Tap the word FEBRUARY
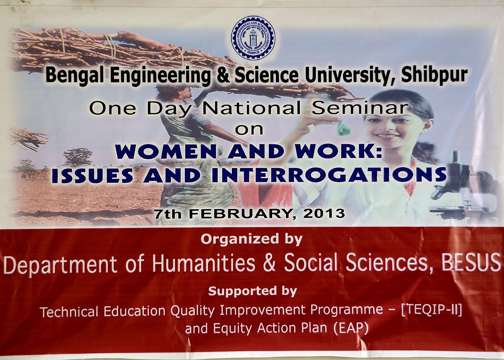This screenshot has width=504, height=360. tap(239, 214)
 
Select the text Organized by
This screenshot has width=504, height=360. tap(252, 239)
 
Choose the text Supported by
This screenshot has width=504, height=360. tap(253, 291)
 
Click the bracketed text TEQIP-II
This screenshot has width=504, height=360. tap(432, 310)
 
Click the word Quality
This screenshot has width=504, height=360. tap(192, 311)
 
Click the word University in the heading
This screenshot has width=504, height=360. tap(349, 75)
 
